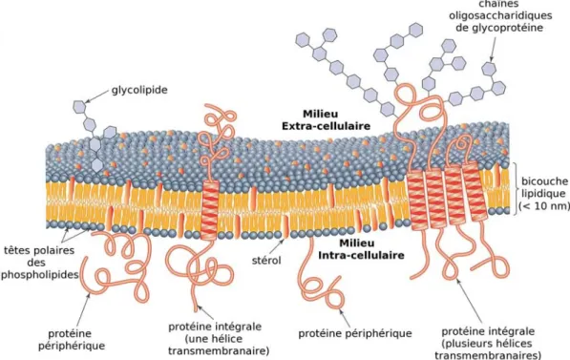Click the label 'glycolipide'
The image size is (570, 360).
coord(139,90)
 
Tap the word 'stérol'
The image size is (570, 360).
coord(266,260)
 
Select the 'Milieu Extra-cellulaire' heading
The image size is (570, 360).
coord(327,120)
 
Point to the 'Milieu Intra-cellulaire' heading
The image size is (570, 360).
coord(361,249)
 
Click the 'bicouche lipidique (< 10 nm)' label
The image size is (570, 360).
coord(544,194)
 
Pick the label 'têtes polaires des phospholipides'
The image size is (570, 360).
coord(39,263)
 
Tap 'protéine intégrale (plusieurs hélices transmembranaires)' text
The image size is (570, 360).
coord(488,343)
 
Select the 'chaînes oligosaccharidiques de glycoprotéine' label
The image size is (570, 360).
coord(500,16)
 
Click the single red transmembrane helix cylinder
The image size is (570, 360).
coord(210,210)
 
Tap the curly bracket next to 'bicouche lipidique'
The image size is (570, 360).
coord(516,188)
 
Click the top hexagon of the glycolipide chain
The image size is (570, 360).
coord(80,107)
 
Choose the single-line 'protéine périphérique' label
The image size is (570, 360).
coord(355,333)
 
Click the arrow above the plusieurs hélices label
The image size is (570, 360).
coord(470,301)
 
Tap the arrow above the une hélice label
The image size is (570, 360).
coord(207,312)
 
